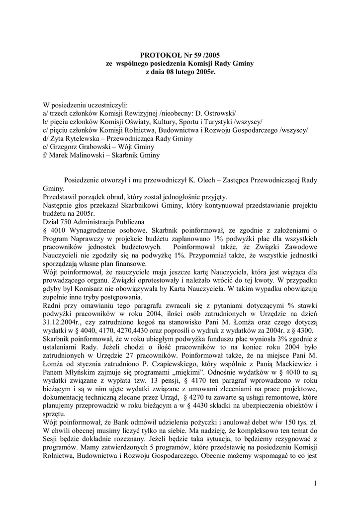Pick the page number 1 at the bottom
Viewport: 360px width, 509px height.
[315, 484]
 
